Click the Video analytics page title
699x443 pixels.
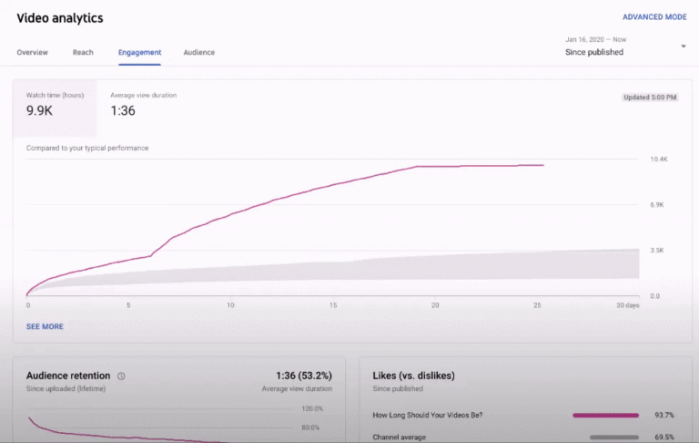pos(60,18)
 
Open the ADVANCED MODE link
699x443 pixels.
pos(653,17)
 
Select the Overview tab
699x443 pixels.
pos(33,53)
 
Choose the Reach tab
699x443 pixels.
pos(83,53)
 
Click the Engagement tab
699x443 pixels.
pos(139,53)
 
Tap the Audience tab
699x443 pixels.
pos(199,53)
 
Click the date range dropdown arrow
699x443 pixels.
pos(684,46)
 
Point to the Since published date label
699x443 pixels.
pos(594,53)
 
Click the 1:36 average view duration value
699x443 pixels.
pos(123,111)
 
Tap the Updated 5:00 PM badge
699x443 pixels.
pos(650,97)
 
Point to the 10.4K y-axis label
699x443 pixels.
pos(658,160)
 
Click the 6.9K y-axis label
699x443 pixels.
pos(657,205)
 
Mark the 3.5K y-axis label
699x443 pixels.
pos(657,251)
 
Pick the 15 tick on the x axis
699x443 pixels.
pos(333,305)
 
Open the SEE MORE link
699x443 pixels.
pos(45,326)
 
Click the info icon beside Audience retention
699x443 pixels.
pos(121,376)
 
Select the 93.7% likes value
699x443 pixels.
pos(664,416)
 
